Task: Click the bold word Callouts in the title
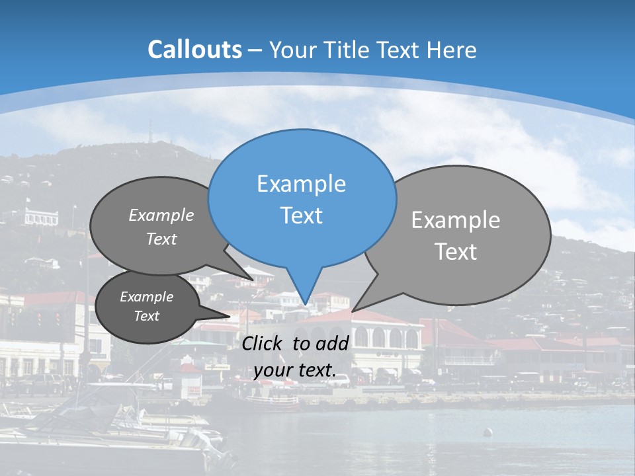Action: coord(194,50)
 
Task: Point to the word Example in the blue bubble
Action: coord(301,184)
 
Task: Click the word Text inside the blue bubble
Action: coord(301,216)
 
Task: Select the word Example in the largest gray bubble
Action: coord(456,220)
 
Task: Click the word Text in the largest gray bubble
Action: coord(456,252)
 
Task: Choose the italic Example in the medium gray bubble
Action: coord(161,216)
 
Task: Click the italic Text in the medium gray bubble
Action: coord(161,239)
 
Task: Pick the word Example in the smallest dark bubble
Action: coord(146,297)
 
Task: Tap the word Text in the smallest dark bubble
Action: coord(146,316)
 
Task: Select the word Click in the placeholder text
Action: coord(263,343)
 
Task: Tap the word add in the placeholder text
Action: coord(333,343)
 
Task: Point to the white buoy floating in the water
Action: coord(488,433)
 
